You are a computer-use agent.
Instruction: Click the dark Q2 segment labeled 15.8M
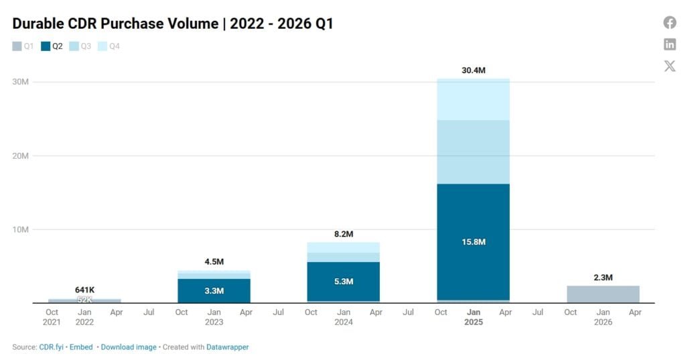(474, 242)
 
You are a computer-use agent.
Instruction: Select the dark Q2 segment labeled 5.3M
(344, 281)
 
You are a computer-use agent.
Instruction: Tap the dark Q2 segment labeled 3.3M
(214, 290)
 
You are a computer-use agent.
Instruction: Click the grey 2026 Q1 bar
(603, 294)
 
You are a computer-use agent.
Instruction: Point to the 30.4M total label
(474, 70)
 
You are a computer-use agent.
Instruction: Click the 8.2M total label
(344, 234)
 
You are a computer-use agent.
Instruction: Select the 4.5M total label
(214, 261)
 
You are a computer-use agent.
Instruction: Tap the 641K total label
(84, 290)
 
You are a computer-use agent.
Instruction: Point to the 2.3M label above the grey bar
(603, 278)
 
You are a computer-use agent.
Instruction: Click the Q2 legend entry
(52, 46)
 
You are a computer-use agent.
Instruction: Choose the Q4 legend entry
(109, 46)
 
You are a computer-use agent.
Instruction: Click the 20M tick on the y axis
(20, 156)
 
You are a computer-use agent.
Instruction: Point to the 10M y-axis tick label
(20, 229)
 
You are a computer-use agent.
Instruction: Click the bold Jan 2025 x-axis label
(474, 317)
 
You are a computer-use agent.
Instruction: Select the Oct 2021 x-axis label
(52, 317)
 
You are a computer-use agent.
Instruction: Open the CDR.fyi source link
(51, 347)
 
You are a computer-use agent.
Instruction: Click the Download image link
(129, 347)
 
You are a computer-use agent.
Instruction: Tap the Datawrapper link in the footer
(228, 347)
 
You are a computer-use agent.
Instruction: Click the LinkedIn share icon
(669, 44)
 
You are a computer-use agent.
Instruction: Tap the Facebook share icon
(669, 22)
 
